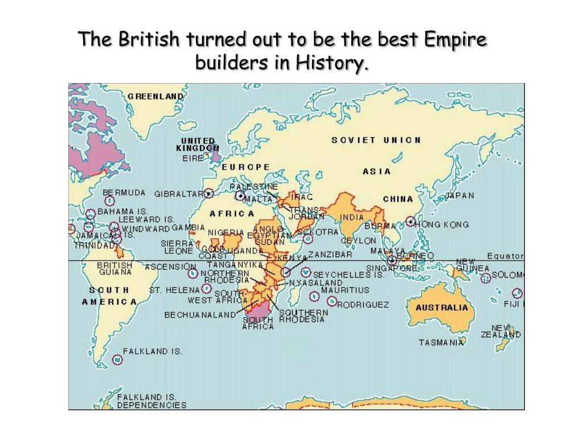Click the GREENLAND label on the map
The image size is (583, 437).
pyautogui.click(x=155, y=96)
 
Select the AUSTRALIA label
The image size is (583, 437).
pyautogui.click(x=442, y=308)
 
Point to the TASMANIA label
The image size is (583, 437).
pyautogui.click(x=441, y=343)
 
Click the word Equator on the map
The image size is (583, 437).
pyautogui.click(x=505, y=255)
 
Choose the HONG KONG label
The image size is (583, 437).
pyautogui.click(x=442, y=224)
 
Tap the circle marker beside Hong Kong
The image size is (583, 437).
pyautogui.click(x=410, y=221)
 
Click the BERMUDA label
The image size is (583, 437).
pyautogui.click(x=124, y=193)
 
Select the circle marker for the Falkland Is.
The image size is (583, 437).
pyautogui.click(x=117, y=360)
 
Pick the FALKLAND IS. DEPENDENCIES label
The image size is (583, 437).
pyautogui.click(x=151, y=401)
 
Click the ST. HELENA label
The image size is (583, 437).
pyautogui.click(x=175, y=290)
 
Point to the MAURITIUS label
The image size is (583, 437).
pyautogui.click(x=345, y=290)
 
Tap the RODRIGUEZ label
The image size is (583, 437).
pyautogui.click(x=363, y=304)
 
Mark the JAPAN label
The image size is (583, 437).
pyautogui.click(x=459, y=195)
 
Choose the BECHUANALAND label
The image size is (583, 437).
pyautogui.click(x=200, y=314)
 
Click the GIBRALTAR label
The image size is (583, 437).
pyautogui.click(x=179, y=193)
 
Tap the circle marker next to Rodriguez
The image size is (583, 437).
pyautogui.click(x=331, y=301)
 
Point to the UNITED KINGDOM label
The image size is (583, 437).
pyautogui.click(x=198, y=145)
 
